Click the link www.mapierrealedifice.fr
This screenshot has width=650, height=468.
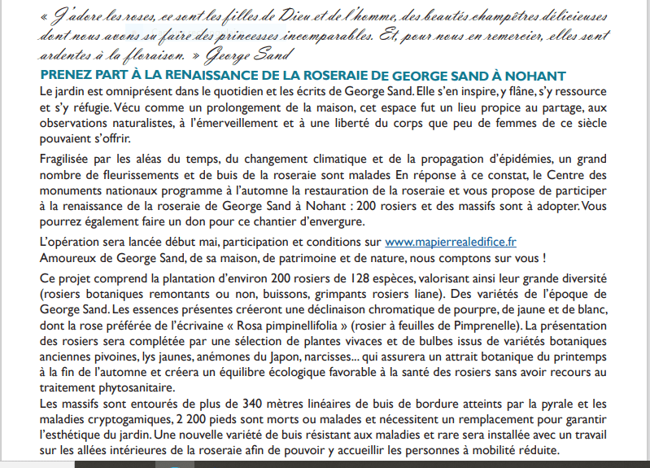450,242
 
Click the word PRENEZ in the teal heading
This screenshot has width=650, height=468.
64,75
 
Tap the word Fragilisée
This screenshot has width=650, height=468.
68,158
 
